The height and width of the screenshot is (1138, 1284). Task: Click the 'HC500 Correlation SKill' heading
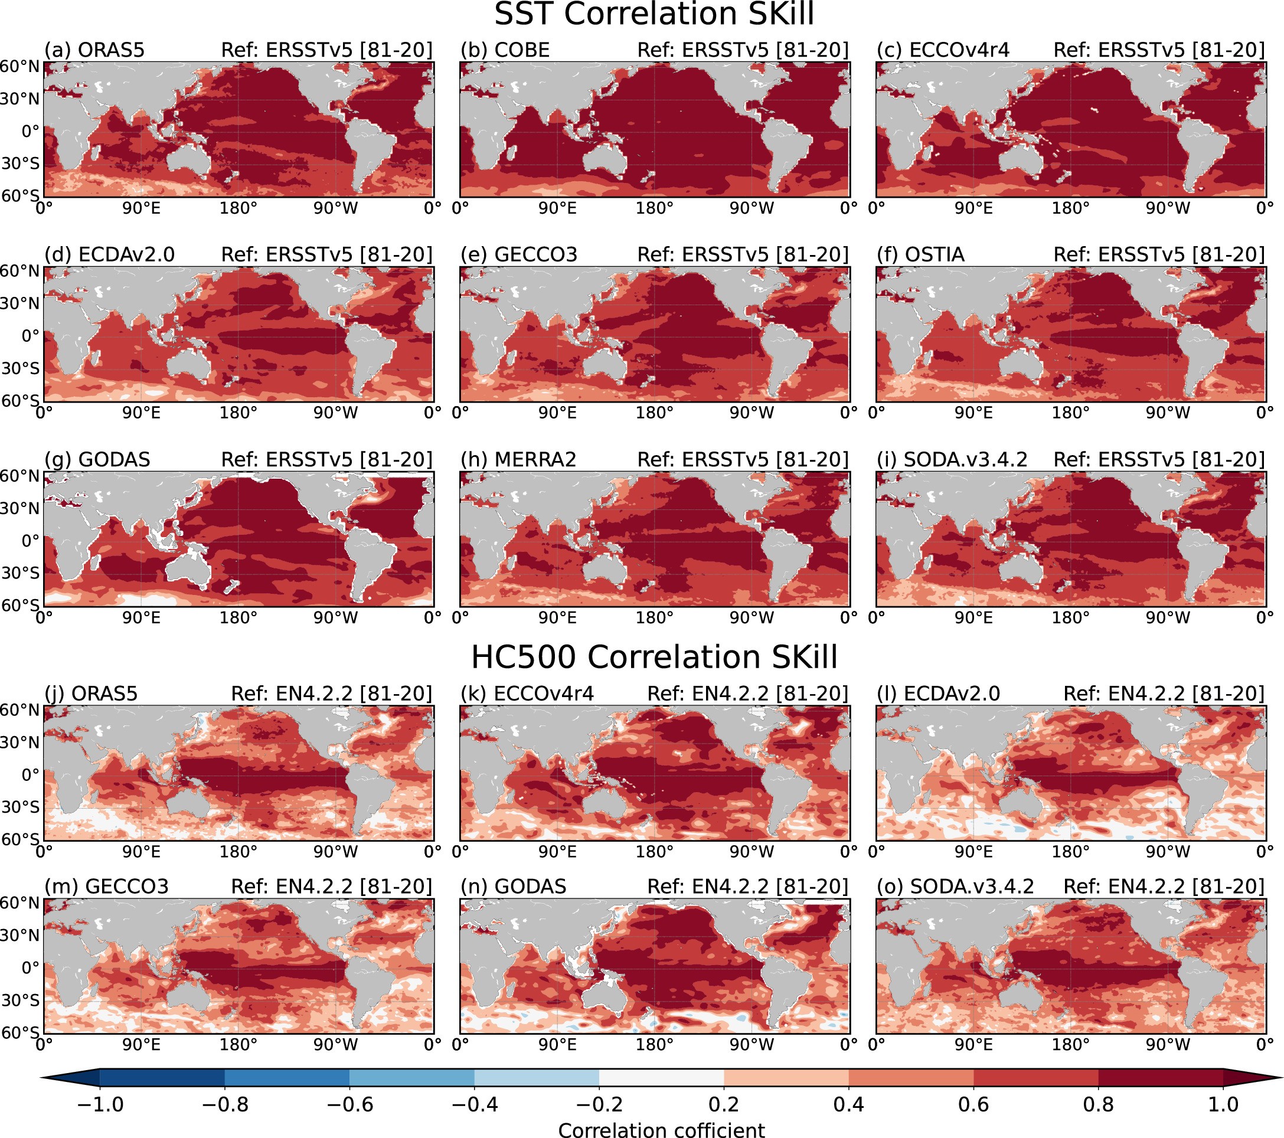[654, 658]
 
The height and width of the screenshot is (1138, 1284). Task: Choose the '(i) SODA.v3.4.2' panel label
[952, 460]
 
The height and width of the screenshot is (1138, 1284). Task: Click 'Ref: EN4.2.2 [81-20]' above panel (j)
[332, 694]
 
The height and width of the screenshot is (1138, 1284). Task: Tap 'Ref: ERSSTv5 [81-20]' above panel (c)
[1159, 50]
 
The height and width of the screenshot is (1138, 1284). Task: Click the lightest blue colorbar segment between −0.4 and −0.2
[536, 1078]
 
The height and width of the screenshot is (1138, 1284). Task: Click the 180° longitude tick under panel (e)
[654, 413]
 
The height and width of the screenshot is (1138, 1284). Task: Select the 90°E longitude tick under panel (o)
[973, 1045]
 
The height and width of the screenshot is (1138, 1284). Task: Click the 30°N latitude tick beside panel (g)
[19, 508]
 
